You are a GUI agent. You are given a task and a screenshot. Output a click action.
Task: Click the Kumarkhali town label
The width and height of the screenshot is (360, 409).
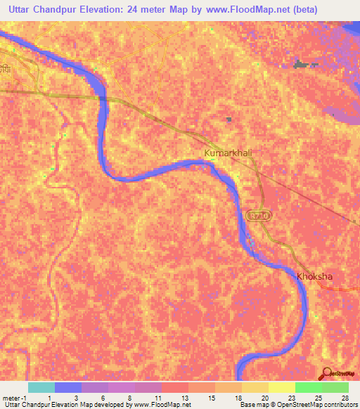227,152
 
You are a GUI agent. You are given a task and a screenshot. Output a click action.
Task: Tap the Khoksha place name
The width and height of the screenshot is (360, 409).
314,276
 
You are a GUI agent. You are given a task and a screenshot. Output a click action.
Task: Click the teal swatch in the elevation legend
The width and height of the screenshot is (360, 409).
41,387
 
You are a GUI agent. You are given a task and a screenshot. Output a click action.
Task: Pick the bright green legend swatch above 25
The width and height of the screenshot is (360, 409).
308,387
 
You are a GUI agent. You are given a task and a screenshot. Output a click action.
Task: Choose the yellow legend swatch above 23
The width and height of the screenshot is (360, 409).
281,387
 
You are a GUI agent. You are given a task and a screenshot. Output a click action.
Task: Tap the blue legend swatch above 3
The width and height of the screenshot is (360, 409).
67,387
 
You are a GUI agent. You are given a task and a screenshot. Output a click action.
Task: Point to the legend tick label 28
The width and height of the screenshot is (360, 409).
344,398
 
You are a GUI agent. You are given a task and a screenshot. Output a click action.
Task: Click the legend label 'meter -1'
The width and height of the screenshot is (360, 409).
15,398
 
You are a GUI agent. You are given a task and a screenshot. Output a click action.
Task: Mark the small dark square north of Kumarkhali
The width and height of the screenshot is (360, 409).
229,120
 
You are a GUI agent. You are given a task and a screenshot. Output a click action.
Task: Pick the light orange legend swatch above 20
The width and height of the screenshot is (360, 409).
255,387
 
